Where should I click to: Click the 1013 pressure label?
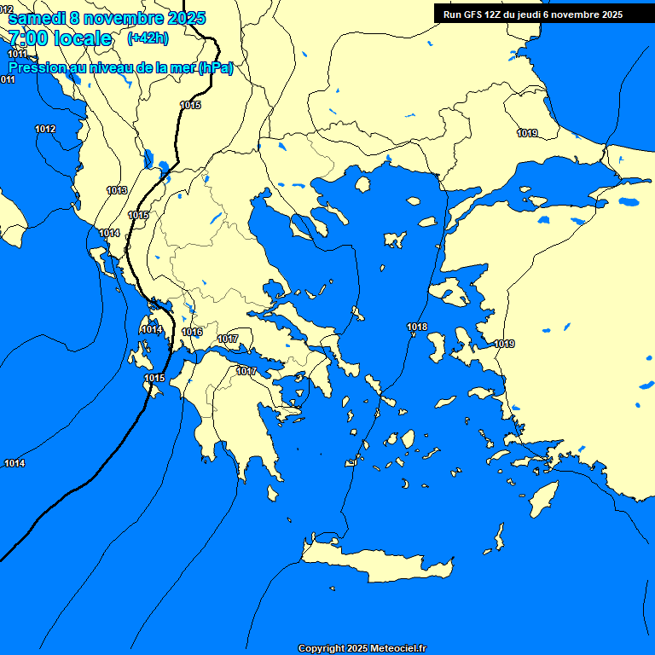click(117, 190)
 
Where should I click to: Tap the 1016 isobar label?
click(192, 332)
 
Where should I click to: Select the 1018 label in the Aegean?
click(417, 327)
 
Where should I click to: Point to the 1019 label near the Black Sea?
click(527, 133)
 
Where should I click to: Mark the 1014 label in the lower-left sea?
click(14, 463)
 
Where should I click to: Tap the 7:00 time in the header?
click(27, 38)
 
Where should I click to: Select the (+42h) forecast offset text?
click(147, 38)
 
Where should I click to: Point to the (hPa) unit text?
click(216, 68)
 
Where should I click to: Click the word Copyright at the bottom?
click(321, 648)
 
